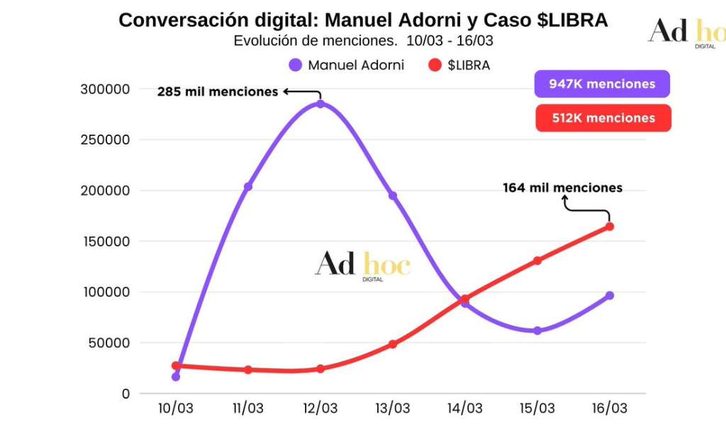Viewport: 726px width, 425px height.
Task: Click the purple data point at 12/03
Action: tap(320, 104)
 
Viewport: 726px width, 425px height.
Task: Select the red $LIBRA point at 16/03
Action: tap(610, 227)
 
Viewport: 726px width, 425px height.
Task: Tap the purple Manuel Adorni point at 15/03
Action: tap(537, 331)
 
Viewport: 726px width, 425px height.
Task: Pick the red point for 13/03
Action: tap(393, 344)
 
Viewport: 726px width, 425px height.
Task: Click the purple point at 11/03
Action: tap(248, 187)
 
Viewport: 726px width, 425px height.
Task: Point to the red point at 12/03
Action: tap(320, 369)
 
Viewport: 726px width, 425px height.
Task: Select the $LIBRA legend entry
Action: tap(459, 65)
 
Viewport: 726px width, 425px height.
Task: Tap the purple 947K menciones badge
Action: tap(602, 84)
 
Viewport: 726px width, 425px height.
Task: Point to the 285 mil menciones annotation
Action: tap(218, 91)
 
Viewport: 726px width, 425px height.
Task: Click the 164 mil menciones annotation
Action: tap(562, 188)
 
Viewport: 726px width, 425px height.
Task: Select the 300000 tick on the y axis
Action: tap(106, 89)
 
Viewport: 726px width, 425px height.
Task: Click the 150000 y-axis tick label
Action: tap(106, 242)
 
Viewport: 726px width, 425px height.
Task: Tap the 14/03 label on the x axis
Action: tap(465, 409)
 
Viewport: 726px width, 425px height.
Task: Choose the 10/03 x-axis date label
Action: tap(176, 409)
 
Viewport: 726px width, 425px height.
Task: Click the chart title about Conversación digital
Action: tap(363, 21)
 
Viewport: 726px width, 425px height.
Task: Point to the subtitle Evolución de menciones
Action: tap(363, 40)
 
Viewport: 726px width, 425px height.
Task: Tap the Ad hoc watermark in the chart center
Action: tap(363, 266)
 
